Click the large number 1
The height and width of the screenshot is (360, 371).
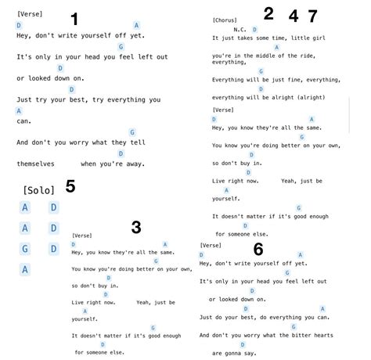coord(74,19)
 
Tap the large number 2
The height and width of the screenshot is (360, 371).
coord(268,13)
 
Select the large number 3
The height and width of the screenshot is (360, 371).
coord(136,228)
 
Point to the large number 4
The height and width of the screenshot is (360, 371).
coord(293,15)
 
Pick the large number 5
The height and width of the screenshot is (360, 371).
coord(70,186)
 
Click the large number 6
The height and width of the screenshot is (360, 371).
coord(258,249)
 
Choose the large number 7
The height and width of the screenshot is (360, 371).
coord(312,15)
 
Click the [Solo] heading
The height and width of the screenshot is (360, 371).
coord(39,190)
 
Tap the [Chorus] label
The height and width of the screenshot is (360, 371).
coord(225,20)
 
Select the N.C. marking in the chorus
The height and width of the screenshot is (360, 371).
coord(240,29)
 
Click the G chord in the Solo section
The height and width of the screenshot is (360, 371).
coord(25,249)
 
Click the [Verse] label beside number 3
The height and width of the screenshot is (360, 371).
coord(82,235)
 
